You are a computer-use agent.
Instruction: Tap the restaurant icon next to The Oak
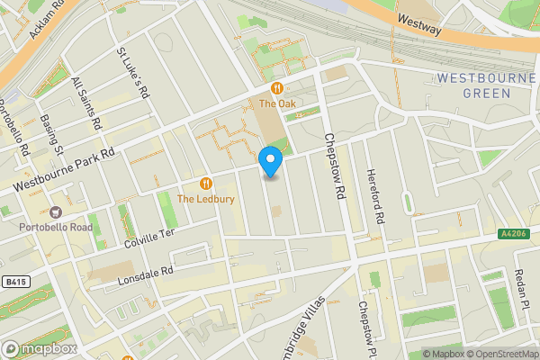click(x=277, y=88)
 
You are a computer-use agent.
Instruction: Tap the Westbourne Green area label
click(x=487, y=85)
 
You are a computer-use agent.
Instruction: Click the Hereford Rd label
click(x=374, y=197)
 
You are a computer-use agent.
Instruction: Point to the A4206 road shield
click(x=512, y=235)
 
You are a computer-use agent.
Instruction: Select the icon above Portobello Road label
click(x=56, y=212)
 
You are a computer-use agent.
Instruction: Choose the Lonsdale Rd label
click(x=144, y=274)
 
